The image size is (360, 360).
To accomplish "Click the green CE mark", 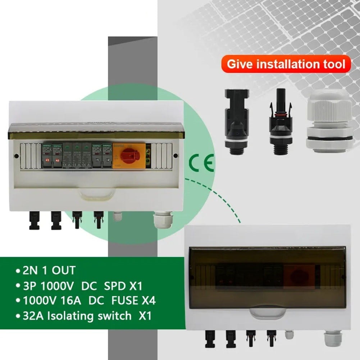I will click(201, 163).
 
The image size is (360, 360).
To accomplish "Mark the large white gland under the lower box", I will click(332, 338).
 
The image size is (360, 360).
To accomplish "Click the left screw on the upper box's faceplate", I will click(17, 156).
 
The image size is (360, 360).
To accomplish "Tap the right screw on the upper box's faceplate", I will click(176, 156).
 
